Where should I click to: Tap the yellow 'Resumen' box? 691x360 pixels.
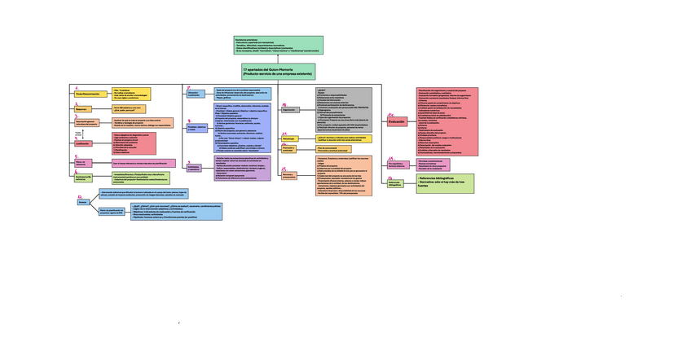tap(81, 108)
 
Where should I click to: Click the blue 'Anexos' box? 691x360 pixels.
tap(82, 203)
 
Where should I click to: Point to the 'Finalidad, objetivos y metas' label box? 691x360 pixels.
tap(196, 128)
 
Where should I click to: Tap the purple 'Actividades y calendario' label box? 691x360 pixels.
tap(194, 167)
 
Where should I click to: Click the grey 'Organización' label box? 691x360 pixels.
tap(288, 109)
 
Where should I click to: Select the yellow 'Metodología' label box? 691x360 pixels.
tap(288, 139)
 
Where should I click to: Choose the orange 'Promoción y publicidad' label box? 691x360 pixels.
tap(288, 149)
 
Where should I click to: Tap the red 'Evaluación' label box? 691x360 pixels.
tap(397, 121)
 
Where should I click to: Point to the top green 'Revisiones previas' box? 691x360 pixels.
tap(279, 46)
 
